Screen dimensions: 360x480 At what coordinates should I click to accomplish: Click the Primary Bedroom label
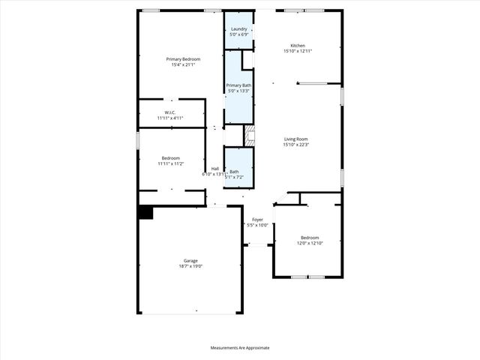pos(183,58)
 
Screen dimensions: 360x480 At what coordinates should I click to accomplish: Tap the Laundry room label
pos(238,28)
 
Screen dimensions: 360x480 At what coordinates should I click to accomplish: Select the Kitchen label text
pos(298,45)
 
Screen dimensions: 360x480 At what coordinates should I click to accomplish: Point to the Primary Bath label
pos(240,85)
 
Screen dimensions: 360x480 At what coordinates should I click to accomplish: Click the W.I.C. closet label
pos(170,113)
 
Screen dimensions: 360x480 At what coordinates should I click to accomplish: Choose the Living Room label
pos(296,139)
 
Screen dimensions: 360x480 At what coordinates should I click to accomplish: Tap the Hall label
pos(215,168)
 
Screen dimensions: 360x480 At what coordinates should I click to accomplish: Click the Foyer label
pos(257,219)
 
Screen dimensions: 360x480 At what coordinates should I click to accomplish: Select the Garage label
pos(190,260)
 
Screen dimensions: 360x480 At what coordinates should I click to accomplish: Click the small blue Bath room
pos(239,168)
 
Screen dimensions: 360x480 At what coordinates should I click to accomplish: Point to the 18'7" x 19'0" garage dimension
pos(190,266)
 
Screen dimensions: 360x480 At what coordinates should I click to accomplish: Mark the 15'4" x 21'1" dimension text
pos(183,64)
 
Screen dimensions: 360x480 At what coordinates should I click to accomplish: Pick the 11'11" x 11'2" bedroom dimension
pos(171,163)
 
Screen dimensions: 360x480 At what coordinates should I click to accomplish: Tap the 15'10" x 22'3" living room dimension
pos(296,145)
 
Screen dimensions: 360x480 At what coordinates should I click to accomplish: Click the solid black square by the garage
pos(145,213)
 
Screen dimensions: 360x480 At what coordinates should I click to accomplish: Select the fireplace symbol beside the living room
pos(250,136)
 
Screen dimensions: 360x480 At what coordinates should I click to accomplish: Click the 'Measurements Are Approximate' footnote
pos(240,348)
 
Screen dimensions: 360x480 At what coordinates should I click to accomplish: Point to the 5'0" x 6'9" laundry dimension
pos(238,34)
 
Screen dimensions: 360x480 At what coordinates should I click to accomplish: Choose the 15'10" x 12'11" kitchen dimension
pos(298,51)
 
